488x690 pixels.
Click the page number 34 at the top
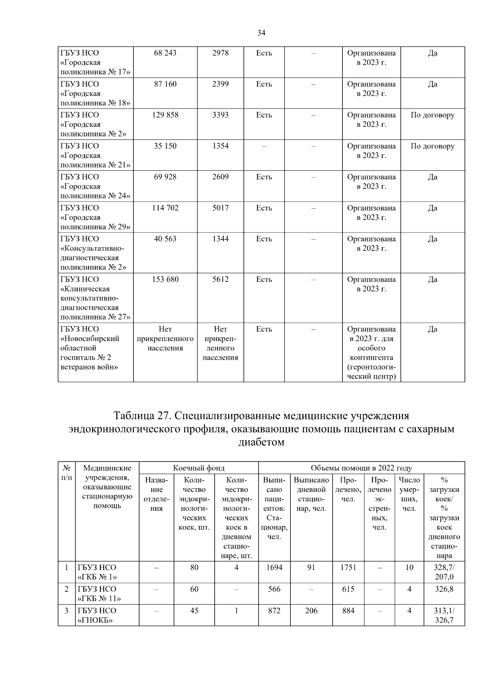point(261,33)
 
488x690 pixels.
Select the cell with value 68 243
point(165,53)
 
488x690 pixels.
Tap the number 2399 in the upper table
point(220,84)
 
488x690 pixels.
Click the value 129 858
point(165,115)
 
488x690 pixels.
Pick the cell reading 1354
point(220,146)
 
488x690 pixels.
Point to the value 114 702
point(165,208)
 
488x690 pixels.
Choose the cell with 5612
point(220,279)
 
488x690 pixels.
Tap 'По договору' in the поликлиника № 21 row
point(432,146)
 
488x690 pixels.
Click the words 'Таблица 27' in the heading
point(142,416)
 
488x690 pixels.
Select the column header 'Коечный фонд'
point(198,468)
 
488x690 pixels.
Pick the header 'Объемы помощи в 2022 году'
point(361,468)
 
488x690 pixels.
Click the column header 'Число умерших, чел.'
point(409,494)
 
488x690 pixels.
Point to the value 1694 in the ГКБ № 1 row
point(274,567)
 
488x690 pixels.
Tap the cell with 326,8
point(444,589)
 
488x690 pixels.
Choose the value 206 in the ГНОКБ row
point(311,610)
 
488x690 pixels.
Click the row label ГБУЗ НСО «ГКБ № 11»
point(99,594)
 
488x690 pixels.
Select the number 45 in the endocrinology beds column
point(194,610)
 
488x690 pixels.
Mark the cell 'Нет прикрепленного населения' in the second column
point(165,339)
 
